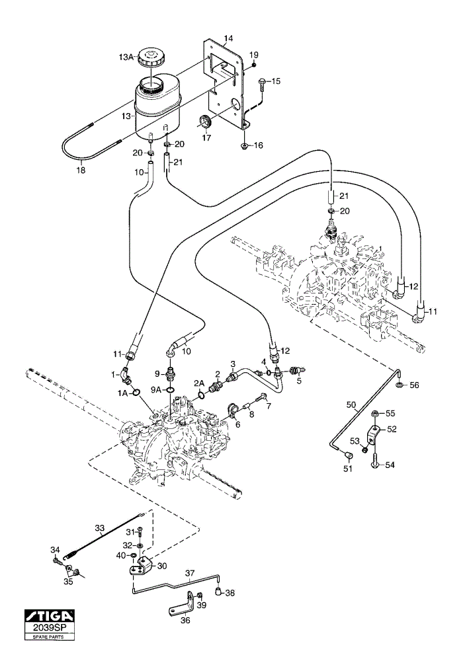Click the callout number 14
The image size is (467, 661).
point(228,39)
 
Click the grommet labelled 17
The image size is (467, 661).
point(206,121)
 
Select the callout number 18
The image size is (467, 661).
point(81,171)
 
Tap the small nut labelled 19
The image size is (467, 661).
point(254,65)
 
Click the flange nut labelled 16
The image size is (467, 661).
point(244,146)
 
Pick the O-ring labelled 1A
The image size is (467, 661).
point(136,393)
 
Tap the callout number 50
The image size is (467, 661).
point(351,405)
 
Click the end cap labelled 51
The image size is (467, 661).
point(349,455)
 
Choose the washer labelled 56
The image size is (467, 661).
point(400,385)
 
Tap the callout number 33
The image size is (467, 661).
point(100,527)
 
